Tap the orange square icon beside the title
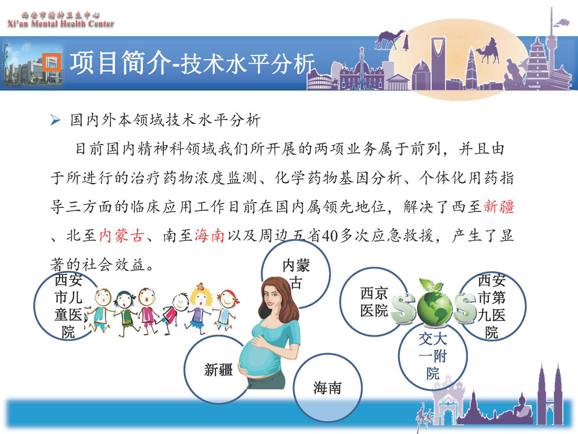(52, 62)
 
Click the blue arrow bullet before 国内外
(55, 120)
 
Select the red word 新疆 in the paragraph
(498, 206)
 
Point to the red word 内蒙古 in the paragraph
(121, 235)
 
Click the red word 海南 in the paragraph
(209, 235)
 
